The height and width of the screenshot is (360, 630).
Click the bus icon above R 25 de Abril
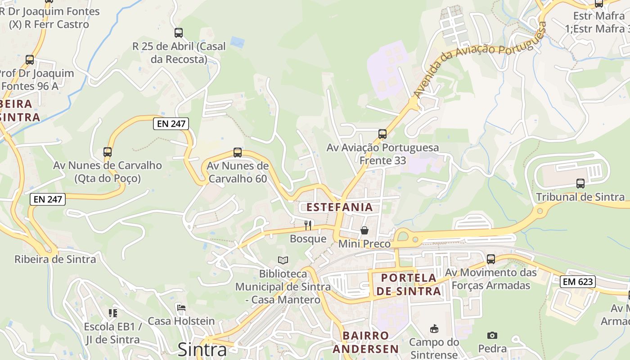[x=179, y=32]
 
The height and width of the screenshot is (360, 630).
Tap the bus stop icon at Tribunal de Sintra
[x=580, y=184]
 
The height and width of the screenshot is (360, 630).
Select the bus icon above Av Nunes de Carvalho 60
[x=238, y=153]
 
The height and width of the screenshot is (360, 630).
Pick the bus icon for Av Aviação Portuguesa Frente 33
[x=382, y=134]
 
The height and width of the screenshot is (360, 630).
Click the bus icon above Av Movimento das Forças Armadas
[x=491, y=259]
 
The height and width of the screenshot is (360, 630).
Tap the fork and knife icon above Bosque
[x=308, y=225]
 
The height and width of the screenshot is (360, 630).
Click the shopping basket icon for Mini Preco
[x=364, y=230]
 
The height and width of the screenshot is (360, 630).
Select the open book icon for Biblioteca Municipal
[x=283, y=260]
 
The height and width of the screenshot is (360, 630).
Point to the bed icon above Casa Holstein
[x=181, y=308]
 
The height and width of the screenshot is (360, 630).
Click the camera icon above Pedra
[x=492, y=335]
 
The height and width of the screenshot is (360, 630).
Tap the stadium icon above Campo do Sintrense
[x=434, y=329]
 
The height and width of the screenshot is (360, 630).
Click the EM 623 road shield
[x=578, y=282]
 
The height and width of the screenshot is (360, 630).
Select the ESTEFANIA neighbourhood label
[x=340, y=207]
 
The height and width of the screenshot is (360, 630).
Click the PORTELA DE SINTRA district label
[x=409, y=284]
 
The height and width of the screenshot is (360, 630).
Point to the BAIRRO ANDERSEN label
[x=371, y=342]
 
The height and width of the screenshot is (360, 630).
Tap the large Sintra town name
[x=202, y=349]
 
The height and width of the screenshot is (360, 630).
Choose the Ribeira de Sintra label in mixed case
[x=55, y=259]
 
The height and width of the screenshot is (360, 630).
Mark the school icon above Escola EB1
[x=112, y=313]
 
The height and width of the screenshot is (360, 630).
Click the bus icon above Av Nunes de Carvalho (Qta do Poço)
[x=107, y=152]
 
